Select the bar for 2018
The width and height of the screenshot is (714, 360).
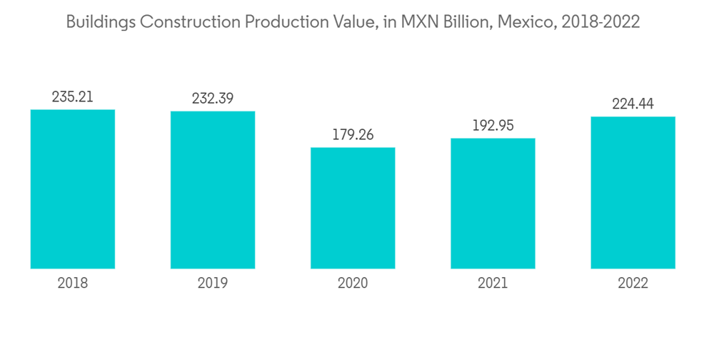point(72,189)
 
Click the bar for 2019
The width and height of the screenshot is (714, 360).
point(212,190)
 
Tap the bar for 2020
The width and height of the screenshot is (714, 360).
point(353,208)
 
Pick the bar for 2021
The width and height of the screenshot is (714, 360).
point(493,204)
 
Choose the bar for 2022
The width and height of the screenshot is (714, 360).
point(633,193)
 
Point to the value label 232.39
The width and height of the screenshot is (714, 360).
point(212,99)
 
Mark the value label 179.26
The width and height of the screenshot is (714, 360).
point(353,135)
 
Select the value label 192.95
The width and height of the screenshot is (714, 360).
point(493,126)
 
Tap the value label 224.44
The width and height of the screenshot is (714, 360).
point(633,104)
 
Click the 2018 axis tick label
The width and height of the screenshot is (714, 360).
point(72,284)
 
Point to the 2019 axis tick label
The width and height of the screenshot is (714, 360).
point(212,284)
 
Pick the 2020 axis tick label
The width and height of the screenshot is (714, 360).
point(353,284)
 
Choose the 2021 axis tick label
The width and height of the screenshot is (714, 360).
point(493,284)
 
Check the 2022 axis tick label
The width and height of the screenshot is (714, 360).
point(633,284)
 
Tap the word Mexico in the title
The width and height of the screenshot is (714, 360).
point(527,22)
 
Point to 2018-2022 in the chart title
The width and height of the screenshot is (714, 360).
point(600,22)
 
